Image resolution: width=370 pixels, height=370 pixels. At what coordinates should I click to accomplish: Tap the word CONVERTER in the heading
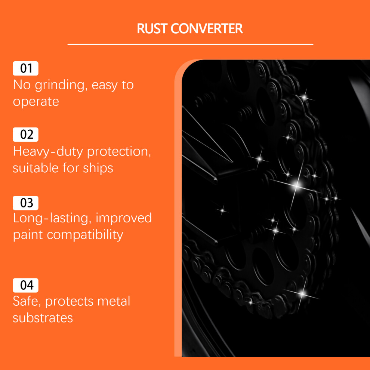click(x=206, y=28)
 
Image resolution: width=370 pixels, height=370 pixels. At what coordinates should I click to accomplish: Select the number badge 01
click(x=25, y=68)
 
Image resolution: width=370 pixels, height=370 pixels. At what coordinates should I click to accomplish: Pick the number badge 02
click(x=25, y=135)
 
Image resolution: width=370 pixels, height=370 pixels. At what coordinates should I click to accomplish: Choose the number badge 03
click(x=25, y=203)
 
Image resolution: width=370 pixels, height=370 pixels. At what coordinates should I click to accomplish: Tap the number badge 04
click(x=25, y=285)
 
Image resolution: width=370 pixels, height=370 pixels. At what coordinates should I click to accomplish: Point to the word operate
click(x=36, y=102)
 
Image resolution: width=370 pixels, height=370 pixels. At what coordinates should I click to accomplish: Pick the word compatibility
click(x=85, y=235)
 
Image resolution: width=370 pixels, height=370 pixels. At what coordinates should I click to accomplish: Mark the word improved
click(x=124, y=218)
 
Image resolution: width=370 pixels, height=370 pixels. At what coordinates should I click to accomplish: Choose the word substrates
click(x=43, y=318)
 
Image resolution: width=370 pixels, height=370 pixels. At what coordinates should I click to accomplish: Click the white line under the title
click(x=190, y=44)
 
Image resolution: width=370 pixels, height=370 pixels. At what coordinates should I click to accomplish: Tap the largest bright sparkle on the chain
click(x=296, y=185)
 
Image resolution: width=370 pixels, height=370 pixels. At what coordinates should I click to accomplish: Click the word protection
click(x=119, y=152)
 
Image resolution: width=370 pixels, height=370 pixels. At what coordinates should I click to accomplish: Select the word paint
click(x=28, y=235)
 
